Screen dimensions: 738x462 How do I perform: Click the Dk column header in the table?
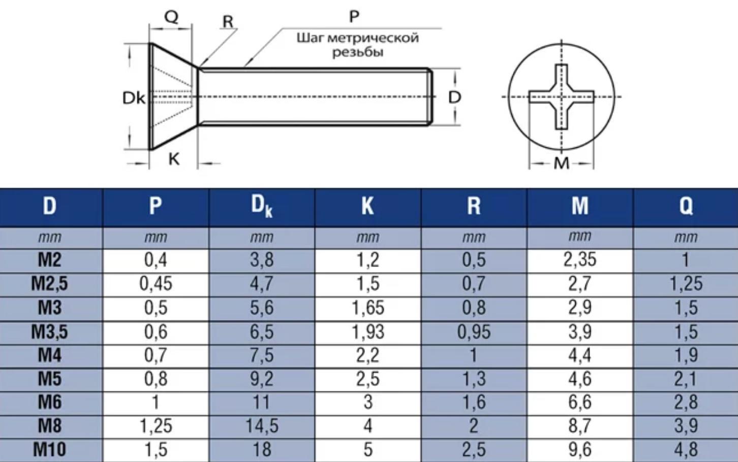tap(262, 206)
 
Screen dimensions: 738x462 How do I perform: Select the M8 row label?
tap(49, 425)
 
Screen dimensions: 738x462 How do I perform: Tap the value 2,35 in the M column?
tap(579, 259)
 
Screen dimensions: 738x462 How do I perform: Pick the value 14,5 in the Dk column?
tap(262, 426)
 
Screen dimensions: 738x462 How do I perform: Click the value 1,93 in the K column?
tap(367, 332)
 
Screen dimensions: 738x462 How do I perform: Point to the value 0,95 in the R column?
tap(474, 332)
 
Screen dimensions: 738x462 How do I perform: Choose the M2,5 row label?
tap(49, 284)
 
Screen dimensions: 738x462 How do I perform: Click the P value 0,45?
tap(156, 284)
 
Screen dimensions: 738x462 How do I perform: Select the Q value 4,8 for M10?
tap(686, 450)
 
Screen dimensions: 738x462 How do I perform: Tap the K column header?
tap(367, 206)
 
